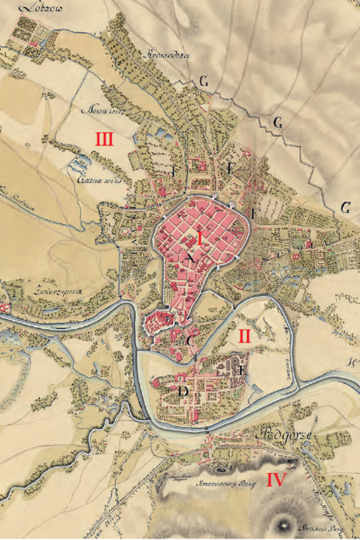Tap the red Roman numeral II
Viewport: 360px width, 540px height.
coord(245,336)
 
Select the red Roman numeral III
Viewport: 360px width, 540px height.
coord(103,140)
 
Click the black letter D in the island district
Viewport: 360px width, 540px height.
coord(185,391)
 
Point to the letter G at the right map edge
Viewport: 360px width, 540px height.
coord(346,208)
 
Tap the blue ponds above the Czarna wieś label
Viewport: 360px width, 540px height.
coord(79,165)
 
